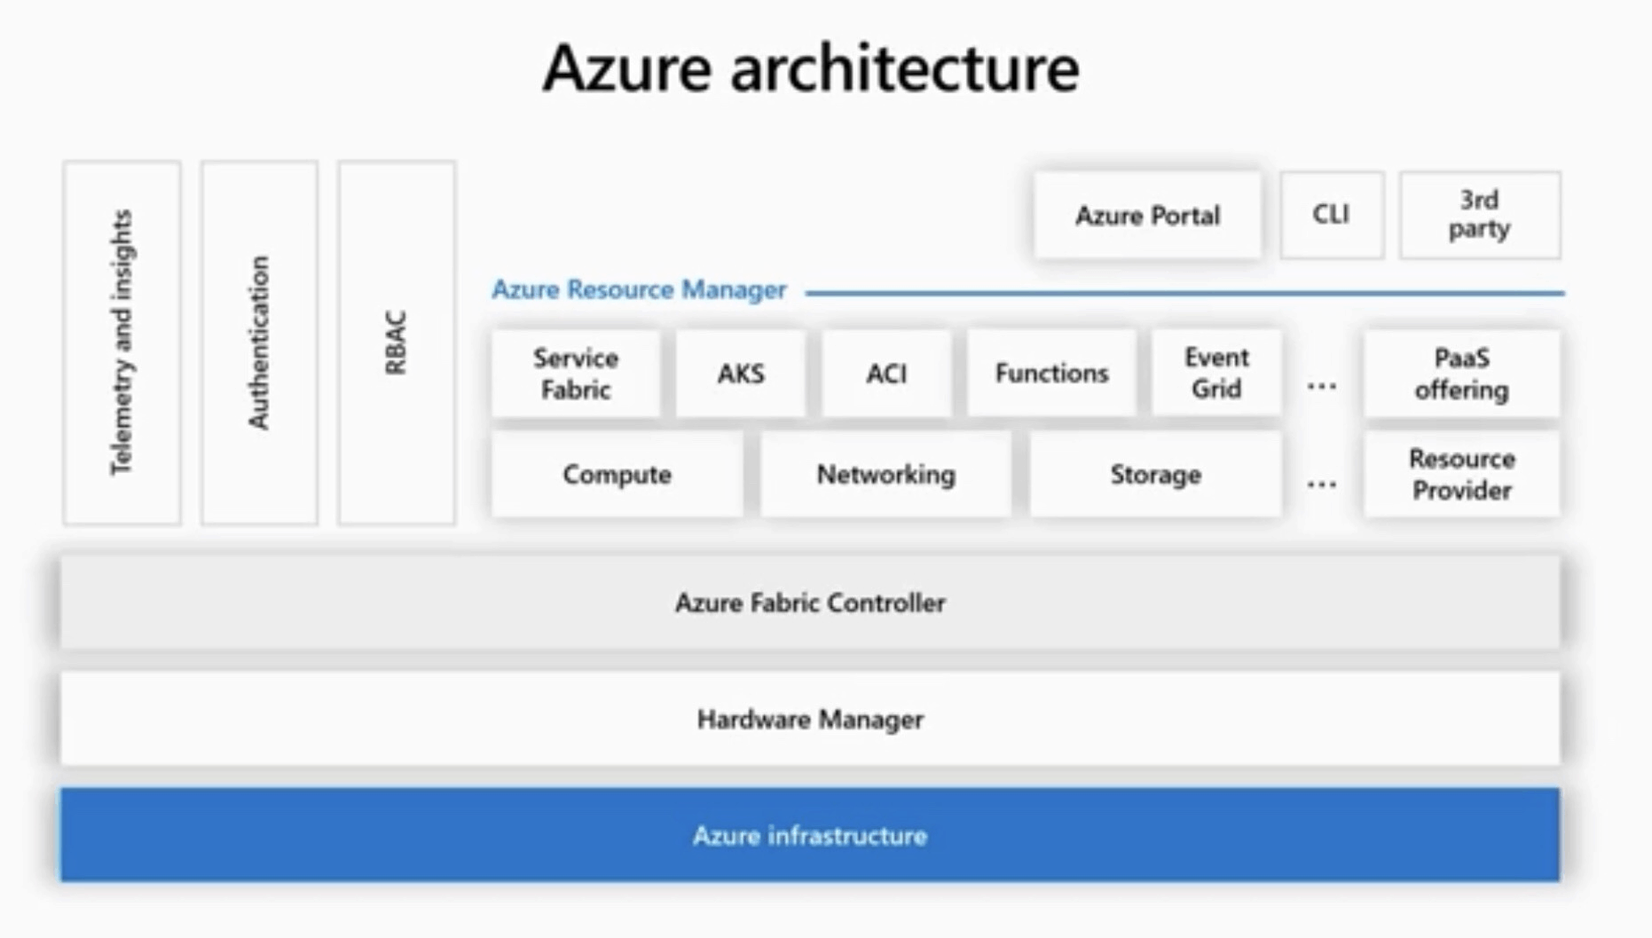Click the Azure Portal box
click(x=1147, y=216)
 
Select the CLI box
click(x=1331, y=215)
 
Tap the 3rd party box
click(x=1479, y=215)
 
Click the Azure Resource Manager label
click(x=639, y=290)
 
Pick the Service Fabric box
click(x=576, y=374)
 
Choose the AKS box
click(x=741, y=374)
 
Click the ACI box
click(x=886, y=374)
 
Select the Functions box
click(x=1051, y=374)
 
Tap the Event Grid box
click(x=1216, y=373)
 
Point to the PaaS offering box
click(x=1461, y=374)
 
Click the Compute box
click(x=617, y=475)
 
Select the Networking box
click(x=885, y=475)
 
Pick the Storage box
click(x=1155, y=475)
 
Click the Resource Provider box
click(x=1461, y=475)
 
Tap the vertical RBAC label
click(x=396, y=343)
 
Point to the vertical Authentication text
click(x=258, y=343)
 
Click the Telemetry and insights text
click(x=122, y=343)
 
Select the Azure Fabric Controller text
click(x=810, y=603)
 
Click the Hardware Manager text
click(x=810, y=720)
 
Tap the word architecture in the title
click(x=904, y=69)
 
